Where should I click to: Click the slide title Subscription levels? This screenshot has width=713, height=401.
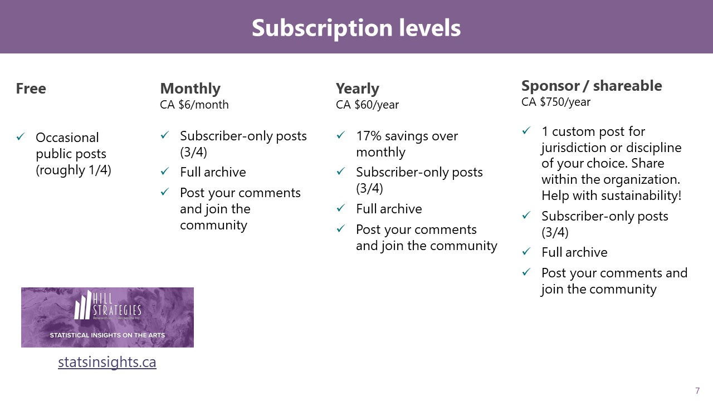pos(356,28)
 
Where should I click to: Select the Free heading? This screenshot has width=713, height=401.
pos(31,89)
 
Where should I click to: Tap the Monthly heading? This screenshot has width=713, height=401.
pos(190,89)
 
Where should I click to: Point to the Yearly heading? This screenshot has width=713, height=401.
pos(357,89)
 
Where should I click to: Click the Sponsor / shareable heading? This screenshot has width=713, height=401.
pos(592,86)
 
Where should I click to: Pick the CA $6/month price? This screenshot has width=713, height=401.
pos(194,105)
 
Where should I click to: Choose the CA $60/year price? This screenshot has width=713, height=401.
pos(367,105)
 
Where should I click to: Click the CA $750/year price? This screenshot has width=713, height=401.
pos(556,102)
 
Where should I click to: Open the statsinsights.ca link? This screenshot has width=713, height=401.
pos(107,362)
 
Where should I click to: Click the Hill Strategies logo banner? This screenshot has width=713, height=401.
pos(108,317)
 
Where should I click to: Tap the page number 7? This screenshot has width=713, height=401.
pos(697,390)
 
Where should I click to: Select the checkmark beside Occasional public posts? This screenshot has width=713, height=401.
pos(21,137)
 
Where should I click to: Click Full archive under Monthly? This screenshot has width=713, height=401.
pos(213,172)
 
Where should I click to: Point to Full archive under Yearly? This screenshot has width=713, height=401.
pos(389,209)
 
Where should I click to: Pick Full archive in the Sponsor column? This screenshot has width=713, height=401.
pos(574,252)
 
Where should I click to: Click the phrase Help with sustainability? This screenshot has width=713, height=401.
pos(611,195)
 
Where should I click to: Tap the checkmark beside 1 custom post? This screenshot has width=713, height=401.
pos(526,131)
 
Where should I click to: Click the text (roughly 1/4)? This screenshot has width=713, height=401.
pos(74,170)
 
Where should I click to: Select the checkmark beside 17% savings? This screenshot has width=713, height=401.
pos(341,136)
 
